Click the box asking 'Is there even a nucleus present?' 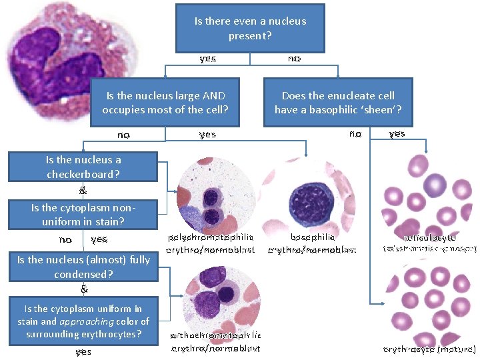click(x=250, y=28)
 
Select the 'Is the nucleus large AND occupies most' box click(x=165, y=102)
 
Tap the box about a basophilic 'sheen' click(x=338, y=102)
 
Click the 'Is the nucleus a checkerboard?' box click(x=83, y=167)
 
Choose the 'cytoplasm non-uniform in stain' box click(x=83, y=214)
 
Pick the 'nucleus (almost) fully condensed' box click(x=83, y=267)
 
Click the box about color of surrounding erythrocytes click(x=83, y=321)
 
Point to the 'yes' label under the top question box click(x=207, y=59)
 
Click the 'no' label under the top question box click(x=293, y=59)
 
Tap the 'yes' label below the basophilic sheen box click(x=397, y=134)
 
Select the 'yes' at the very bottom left click(x=83, y=351)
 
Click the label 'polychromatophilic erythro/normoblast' click(x=211, y=243)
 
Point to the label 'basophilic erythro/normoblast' click(x=312, y=243)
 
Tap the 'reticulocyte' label click(x=429, y=237)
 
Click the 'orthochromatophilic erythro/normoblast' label click(x=216, y=341)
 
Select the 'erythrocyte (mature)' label click(x=429, y=349)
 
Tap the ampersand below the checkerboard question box click(x=83, y=190)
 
